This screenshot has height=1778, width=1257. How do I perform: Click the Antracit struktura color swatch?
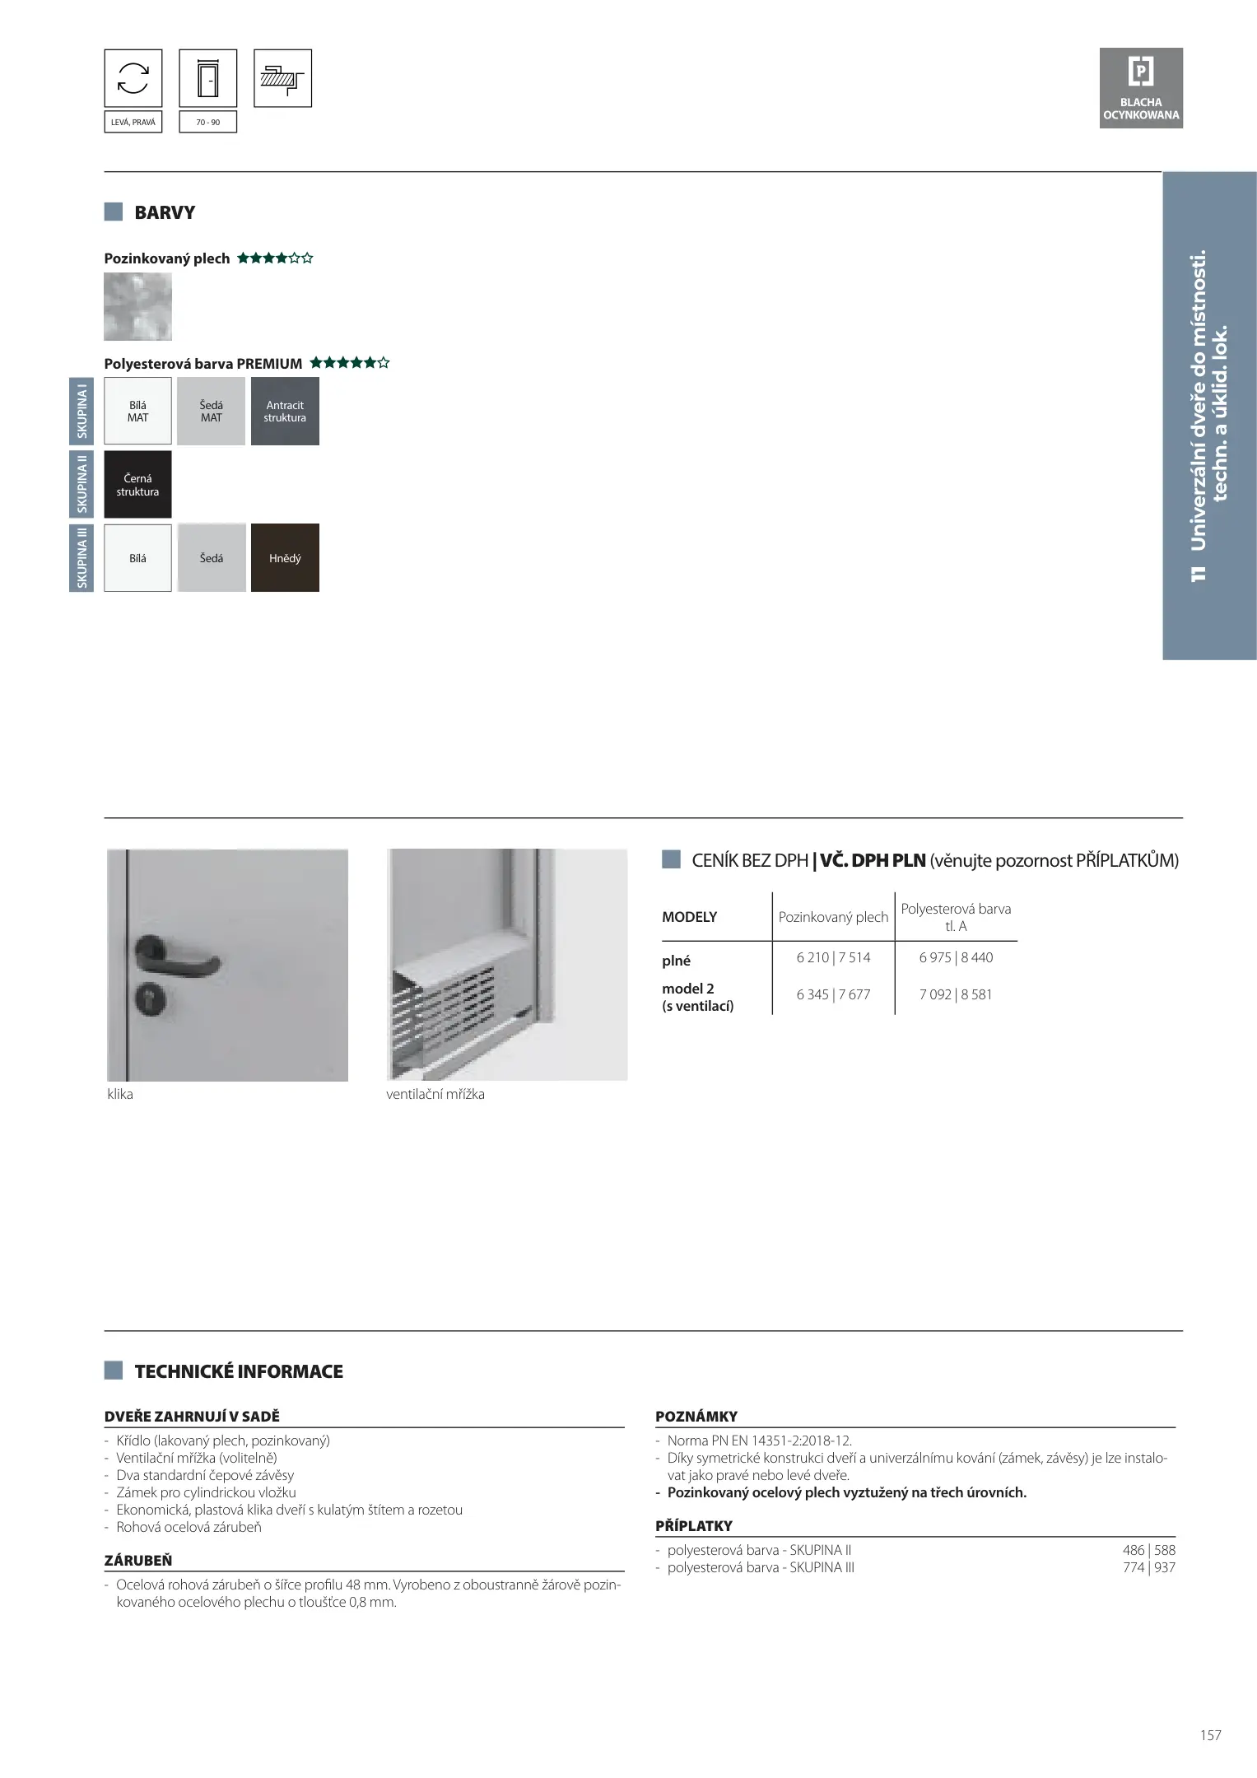pyautogui.click(x=285, y=412)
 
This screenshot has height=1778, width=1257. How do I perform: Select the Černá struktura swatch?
pyautogui.click(x=137, y=485)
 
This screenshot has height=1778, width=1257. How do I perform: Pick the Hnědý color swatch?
pyautogui.click(x=285, y=558)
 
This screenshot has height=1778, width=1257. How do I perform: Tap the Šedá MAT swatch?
pyautogui.click(x=211, y=412)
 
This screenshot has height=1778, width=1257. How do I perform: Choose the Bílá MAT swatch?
pyautogui.click(x=137, y=412)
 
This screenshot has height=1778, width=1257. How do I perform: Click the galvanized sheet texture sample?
pyautogui.click(x=137, y=307)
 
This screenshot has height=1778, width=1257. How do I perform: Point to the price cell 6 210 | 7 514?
pyautogui.click(x=833, y=957)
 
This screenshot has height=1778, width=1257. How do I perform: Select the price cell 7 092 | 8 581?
pyautogui.click(x=956, y=994)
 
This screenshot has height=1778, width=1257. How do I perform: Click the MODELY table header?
pyautogui.click(x=690, y=917)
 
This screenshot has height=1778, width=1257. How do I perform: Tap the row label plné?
pyautogui.click(x=677, y=961)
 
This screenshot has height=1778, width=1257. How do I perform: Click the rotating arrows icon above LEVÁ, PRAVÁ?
pyautogui.click(x=133, y=78)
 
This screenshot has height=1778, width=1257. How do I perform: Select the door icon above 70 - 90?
pyautogui.click(x=207, y=78)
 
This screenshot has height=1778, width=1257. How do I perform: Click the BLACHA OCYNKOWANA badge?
pyautogui.click(x=1141, y=88)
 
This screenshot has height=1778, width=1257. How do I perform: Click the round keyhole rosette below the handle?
pyautogui.click(x=151, y=1000)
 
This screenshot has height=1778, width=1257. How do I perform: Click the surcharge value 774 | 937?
pyautogui.click(x=1148, y=1567)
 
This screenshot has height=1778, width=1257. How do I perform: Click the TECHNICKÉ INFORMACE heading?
pyautogui.click(x=239, y=1371)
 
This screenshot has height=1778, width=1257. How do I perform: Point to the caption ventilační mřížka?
pyautogui.click(x=435, y=1094)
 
